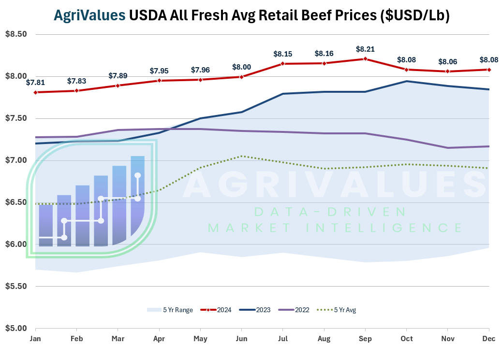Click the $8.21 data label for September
(x=365, y=49)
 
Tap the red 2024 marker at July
(x=283, y=63)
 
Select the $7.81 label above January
(x=35, y=83)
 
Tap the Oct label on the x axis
(x=407, y=339)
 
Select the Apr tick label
(x=159, y=339)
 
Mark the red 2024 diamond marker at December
(x=489, y=70)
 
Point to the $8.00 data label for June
(x=242, y=67)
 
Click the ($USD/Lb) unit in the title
(x=415, y=15)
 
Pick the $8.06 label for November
(x=447, y=62)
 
